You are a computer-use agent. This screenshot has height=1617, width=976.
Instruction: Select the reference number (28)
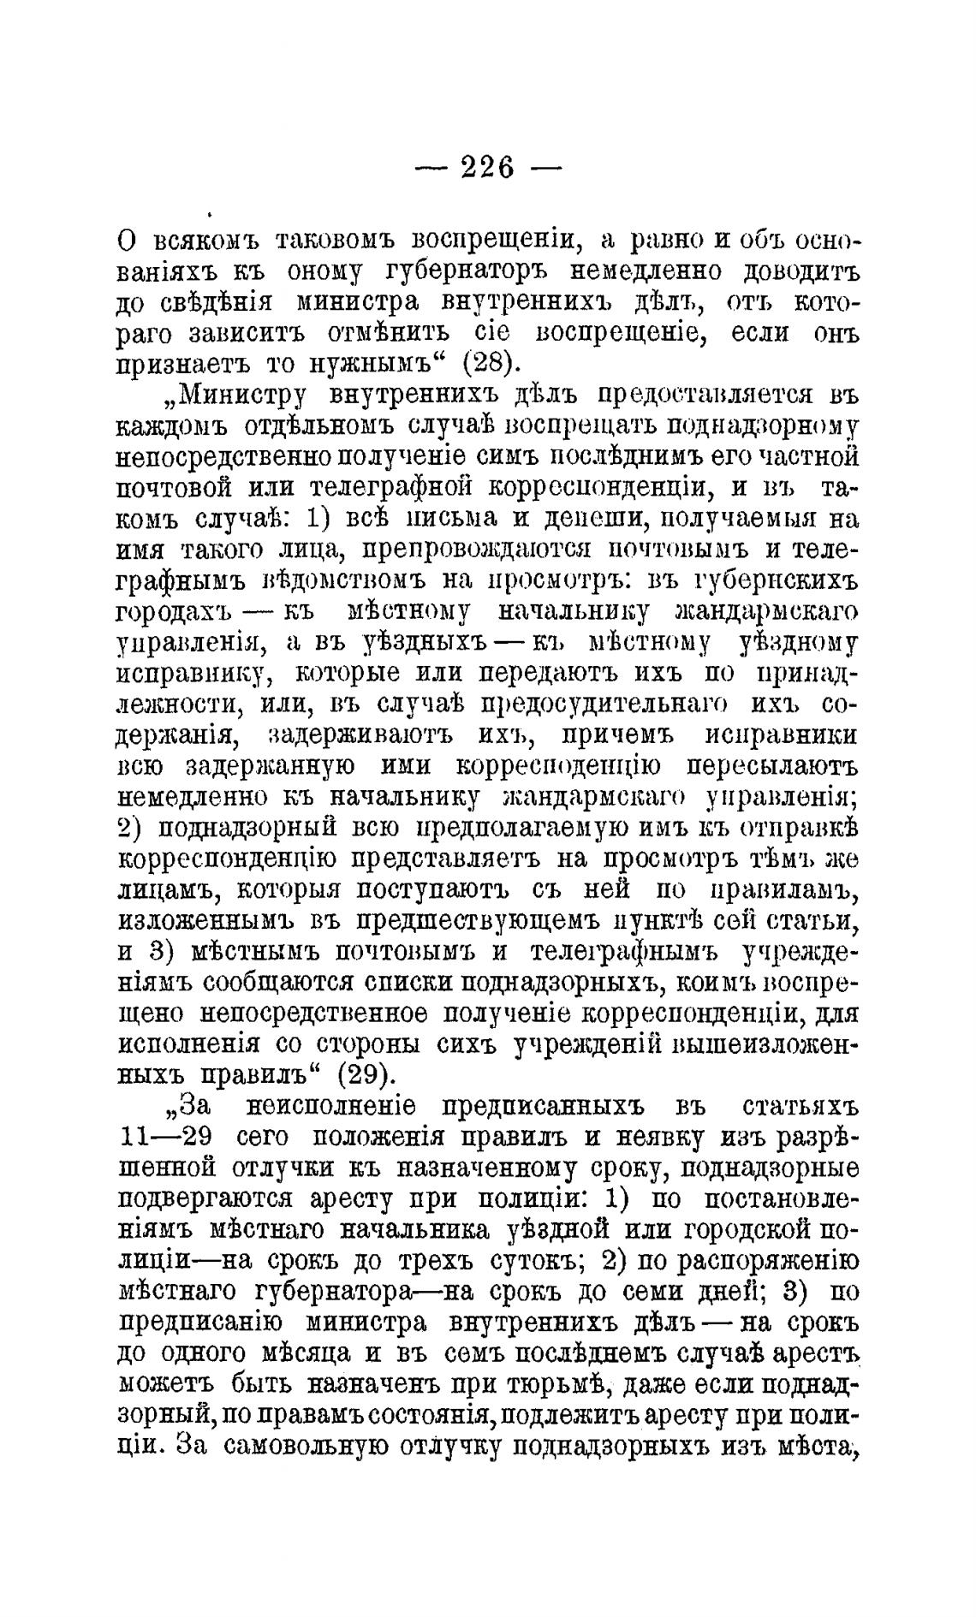492,362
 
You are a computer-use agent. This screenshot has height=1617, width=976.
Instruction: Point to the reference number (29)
366,1073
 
